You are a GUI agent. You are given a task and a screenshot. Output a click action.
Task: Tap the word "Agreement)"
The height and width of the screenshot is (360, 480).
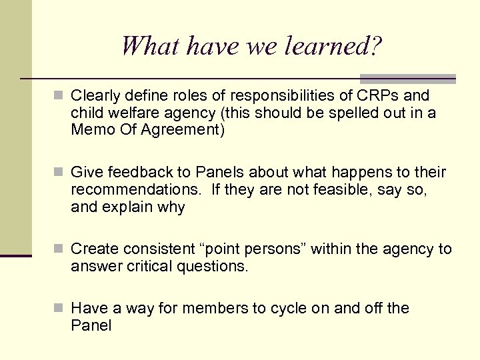tap(187, 130)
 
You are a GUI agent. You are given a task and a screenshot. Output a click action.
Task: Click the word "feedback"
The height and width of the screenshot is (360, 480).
tap(131, 173)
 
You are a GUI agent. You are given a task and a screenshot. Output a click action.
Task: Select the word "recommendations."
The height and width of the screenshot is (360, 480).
tap(135, 190)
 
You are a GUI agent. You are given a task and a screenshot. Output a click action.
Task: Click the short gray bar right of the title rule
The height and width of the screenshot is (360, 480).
tap(407, 78)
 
